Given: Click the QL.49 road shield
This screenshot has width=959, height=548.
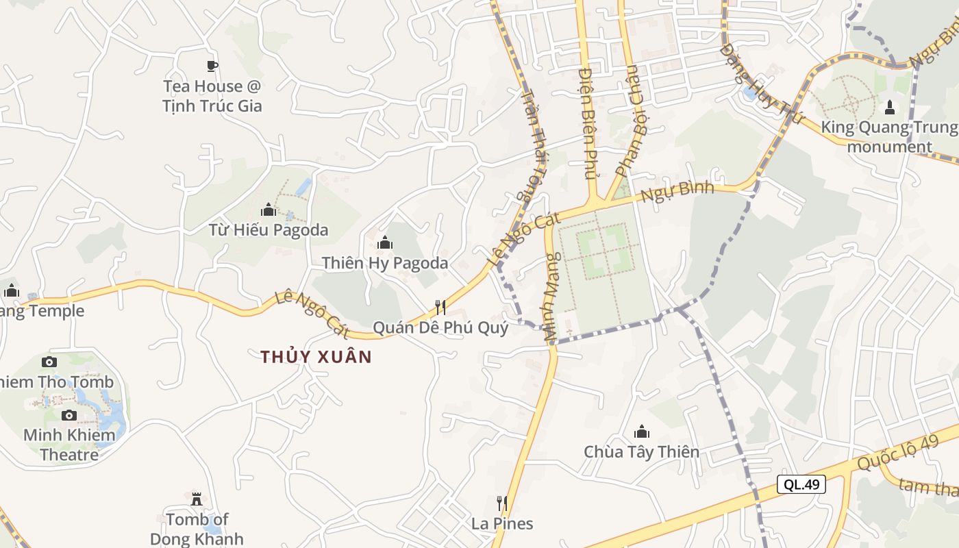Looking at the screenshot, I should tap(801, 484).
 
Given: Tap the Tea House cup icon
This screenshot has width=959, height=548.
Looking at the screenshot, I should tap(212, 66).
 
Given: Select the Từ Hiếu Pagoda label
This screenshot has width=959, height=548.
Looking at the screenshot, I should tap(269, 230).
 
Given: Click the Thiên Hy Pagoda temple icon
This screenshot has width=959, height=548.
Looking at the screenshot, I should tap(385, 242).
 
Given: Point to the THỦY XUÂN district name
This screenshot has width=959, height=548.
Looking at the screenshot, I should tap(316, 357).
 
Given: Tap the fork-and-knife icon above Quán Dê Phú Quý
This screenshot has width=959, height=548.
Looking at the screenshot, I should tap(440, 307).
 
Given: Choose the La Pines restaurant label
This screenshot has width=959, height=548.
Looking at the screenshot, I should tap(502, 524).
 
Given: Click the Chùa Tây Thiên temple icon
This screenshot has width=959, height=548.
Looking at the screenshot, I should tap(642, 432).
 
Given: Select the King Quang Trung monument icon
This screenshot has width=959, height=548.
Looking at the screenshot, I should tap(890, 108).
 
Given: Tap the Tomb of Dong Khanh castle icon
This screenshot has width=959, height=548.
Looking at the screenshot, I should tap(197, 498).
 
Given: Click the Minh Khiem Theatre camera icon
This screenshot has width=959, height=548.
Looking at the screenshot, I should tap(69, 415).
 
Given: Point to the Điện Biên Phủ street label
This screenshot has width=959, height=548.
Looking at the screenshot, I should tap(588, 123).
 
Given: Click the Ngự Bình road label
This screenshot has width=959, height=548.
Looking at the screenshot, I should tap(677, 192).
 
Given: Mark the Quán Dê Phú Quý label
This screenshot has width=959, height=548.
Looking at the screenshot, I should tap(440, 328).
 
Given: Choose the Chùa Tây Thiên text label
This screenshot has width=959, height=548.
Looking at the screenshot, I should tap(642, 452).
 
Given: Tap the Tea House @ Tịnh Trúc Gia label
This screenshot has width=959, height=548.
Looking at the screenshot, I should tap(212, 96).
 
